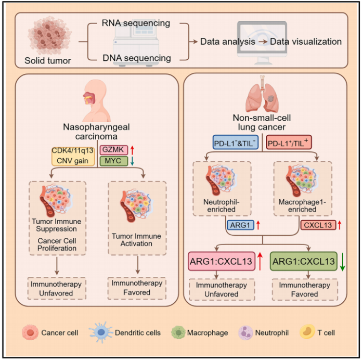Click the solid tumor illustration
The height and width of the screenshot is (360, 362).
[x=49, y=35]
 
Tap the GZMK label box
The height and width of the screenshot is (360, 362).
[x=113, y=150]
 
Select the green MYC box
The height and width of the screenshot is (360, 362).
[x=113, y=161]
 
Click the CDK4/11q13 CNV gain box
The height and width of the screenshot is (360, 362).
[x=73, y=157]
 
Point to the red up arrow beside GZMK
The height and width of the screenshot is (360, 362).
[x=132, y=150]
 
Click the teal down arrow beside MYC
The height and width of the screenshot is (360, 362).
[x=132, y=161]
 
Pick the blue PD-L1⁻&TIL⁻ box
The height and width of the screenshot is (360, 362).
[x=236, y=142]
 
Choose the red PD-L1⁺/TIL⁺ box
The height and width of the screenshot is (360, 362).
[x=289, y=142]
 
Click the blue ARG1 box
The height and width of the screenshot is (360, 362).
[x=240, y=225]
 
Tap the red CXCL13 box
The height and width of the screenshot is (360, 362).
[x=318, y=225]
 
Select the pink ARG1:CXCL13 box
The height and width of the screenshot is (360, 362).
[x=222, y=261]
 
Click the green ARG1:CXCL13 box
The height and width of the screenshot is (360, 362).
[x=304, y=261]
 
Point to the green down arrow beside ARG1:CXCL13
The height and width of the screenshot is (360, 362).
[x=342, y=262]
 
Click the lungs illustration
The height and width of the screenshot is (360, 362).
[x=262, y=94]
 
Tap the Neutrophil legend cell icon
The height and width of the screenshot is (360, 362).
[x=245, y=332]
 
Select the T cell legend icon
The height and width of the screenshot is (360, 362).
[x=307, y=332]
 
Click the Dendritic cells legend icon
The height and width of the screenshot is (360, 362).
[x=101, y=332]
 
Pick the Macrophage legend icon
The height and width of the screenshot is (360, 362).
[x=178, y=332]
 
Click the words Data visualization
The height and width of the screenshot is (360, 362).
[x=306, y=42]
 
